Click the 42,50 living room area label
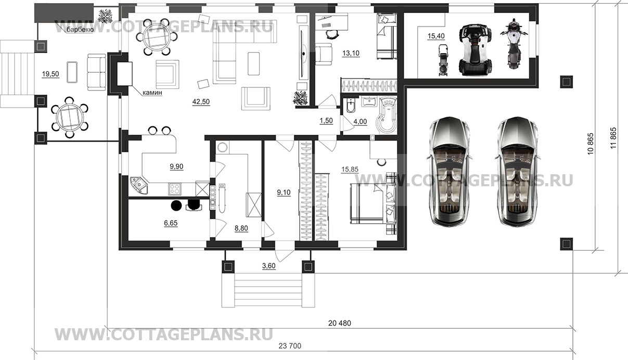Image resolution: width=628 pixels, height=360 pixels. click(201, 102)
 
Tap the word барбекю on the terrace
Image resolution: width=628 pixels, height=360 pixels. click(80, 30)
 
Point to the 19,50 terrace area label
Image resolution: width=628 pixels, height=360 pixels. click(50, 74)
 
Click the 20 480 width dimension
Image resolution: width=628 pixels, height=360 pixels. click(340, 323)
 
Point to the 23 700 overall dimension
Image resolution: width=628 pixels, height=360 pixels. click(290, 346)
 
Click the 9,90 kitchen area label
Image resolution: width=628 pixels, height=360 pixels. click(176, 167)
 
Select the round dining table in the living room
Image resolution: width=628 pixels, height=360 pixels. click(154, 37)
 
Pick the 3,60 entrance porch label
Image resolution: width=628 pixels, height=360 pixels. click(268, 266)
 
